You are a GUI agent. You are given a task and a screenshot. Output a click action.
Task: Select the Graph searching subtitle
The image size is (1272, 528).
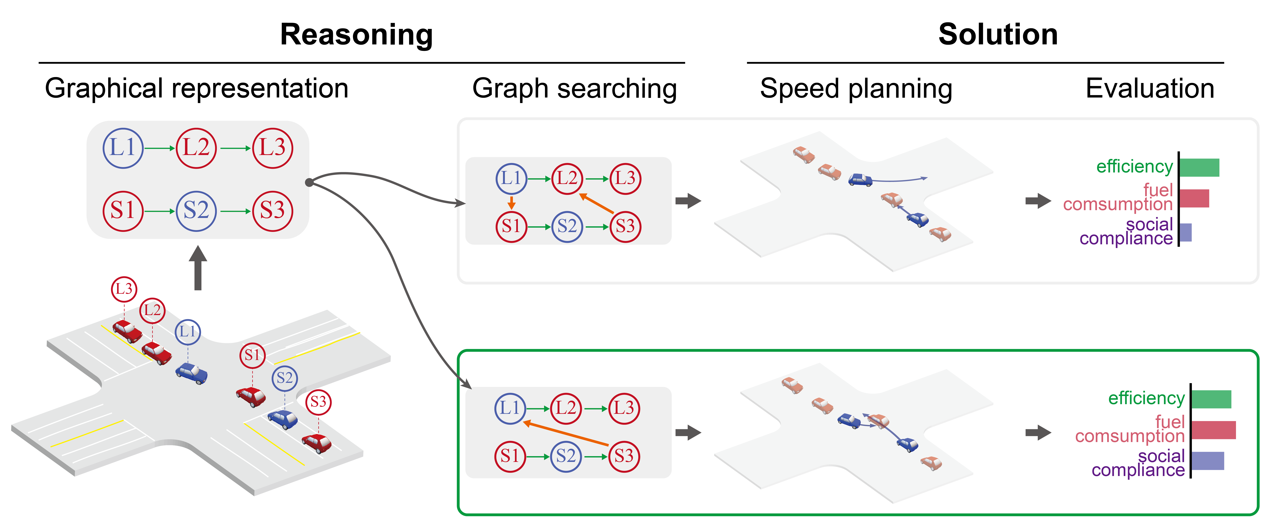click(574, 89)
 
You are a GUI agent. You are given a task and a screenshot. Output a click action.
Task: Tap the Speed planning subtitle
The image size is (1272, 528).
click(856, 89)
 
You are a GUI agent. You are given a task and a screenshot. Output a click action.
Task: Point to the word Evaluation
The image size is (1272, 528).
click(1149, 89)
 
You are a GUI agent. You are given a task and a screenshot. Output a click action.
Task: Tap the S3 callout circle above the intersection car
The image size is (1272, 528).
click(318, 402)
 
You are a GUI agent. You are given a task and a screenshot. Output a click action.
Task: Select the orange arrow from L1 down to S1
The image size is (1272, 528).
click(512, 202)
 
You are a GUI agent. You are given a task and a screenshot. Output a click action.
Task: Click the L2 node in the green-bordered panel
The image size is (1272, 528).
click(566, 408)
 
